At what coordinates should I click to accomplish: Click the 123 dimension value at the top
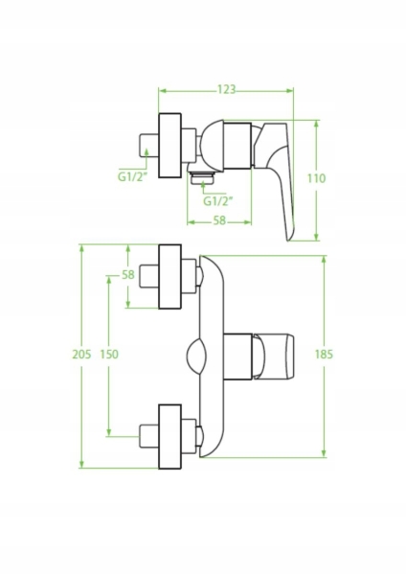[226, 90]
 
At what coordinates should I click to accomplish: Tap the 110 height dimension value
[316, 178]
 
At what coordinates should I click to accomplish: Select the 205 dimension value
[81, 355]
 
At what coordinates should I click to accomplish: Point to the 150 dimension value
[109, 355]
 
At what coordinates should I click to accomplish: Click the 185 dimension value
[324, 355]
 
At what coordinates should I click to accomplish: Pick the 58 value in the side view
[219, 220]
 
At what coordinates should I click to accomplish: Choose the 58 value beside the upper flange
[128, 274]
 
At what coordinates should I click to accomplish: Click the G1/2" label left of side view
[132, 176]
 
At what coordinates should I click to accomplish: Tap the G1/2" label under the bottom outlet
[218, 201]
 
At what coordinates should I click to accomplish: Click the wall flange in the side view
[170, 146]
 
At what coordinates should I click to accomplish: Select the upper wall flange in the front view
[170, 277]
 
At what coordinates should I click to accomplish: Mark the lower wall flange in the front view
[170, 436]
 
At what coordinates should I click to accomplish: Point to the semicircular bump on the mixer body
[196, 356]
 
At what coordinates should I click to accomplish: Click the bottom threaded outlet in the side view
[203, 176]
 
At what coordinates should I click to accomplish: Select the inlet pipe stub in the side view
[148, 146]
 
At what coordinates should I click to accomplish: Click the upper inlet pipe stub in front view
[148, 276]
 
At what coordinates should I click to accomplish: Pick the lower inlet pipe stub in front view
[148, 436]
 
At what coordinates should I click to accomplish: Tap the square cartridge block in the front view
[238, 356]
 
